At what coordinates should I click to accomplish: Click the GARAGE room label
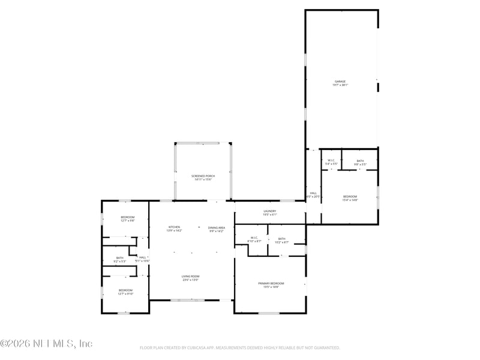pos(340,82)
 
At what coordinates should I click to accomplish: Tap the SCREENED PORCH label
pos(203,176)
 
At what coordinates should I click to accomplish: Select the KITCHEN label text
pos(174,227)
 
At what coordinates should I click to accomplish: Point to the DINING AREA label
pos(217,227)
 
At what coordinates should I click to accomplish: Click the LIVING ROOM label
pos(190,276)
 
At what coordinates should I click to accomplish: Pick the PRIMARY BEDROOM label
pos(271,283)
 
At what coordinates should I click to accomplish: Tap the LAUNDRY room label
pos(269,211)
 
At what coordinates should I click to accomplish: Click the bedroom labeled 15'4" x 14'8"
pos(350,197)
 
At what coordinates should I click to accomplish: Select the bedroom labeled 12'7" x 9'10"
pos(125,290)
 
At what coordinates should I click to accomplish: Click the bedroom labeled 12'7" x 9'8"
pos(127,217)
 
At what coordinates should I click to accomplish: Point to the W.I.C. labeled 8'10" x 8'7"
pos(254,238)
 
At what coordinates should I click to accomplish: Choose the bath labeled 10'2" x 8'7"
pos(282,239)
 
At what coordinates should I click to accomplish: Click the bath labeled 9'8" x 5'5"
pos(360,161)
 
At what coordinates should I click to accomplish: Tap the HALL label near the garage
pos(313,193)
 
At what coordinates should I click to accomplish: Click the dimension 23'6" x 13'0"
pos(190,280)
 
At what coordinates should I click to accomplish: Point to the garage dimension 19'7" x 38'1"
pos(340,85)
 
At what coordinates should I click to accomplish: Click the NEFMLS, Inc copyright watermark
pos(47,344)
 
